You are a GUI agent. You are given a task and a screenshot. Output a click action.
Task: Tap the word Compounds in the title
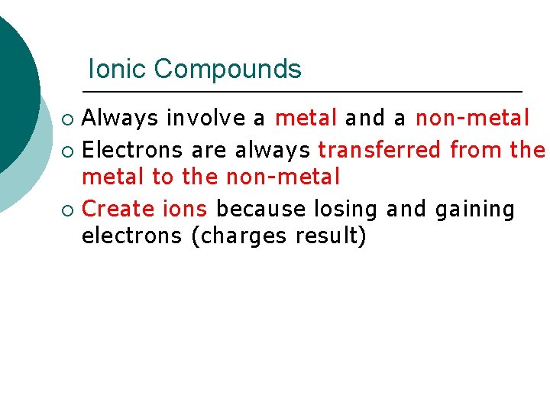coord(228,70)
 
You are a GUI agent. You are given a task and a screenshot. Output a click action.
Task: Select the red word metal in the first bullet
coord(306,119)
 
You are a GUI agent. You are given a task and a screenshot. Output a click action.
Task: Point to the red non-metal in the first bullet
coord(472,119)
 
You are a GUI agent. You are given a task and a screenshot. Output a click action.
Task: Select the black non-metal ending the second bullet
coord(283,177)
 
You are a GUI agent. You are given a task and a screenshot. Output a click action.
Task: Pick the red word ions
coord(183,208)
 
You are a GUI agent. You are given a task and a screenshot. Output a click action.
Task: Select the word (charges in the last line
coord(237,237)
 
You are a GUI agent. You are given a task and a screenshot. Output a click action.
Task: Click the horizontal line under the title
coord(306,92)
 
